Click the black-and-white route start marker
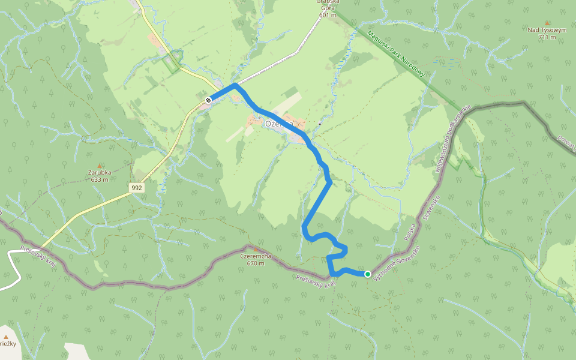(x=208, y=100)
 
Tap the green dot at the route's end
(x=367, y=274)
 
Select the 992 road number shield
(x=137, y=188)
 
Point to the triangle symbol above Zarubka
(x=100, y=165)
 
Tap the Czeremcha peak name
(x=256, y=256)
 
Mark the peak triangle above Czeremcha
(x=256, y=249)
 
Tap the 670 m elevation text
(x=256, y=263)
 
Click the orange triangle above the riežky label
(x=6, y=337)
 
